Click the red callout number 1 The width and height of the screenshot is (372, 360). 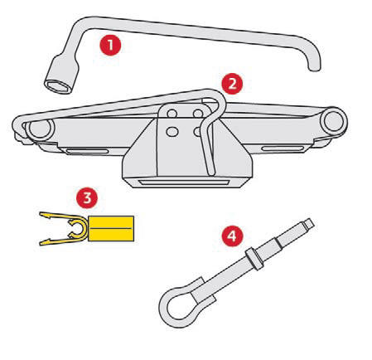tap(110, 45)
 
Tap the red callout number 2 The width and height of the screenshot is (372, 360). tap(232, 84)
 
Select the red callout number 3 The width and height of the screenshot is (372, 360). tap(87, 198)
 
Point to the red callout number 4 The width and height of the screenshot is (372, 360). tap(232, 236)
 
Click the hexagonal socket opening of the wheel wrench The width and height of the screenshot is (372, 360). tap(57, 86)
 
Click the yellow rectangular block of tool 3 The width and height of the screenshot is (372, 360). tap(111, 228)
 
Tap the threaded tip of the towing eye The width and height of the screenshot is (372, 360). tap(309, 224)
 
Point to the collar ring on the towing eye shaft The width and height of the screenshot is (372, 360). tap(254, 258)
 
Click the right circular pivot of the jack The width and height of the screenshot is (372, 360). tap(335, 121)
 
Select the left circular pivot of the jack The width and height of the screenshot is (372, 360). tap(40, 129)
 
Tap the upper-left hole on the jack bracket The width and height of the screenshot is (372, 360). tap(172, 114)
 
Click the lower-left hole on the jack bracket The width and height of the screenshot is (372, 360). tap(172, 132)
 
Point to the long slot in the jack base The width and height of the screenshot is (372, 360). tap(183, 182)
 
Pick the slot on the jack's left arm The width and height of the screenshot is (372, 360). tap(87, 151)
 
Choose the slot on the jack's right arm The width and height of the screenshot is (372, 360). tap(282, 148)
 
